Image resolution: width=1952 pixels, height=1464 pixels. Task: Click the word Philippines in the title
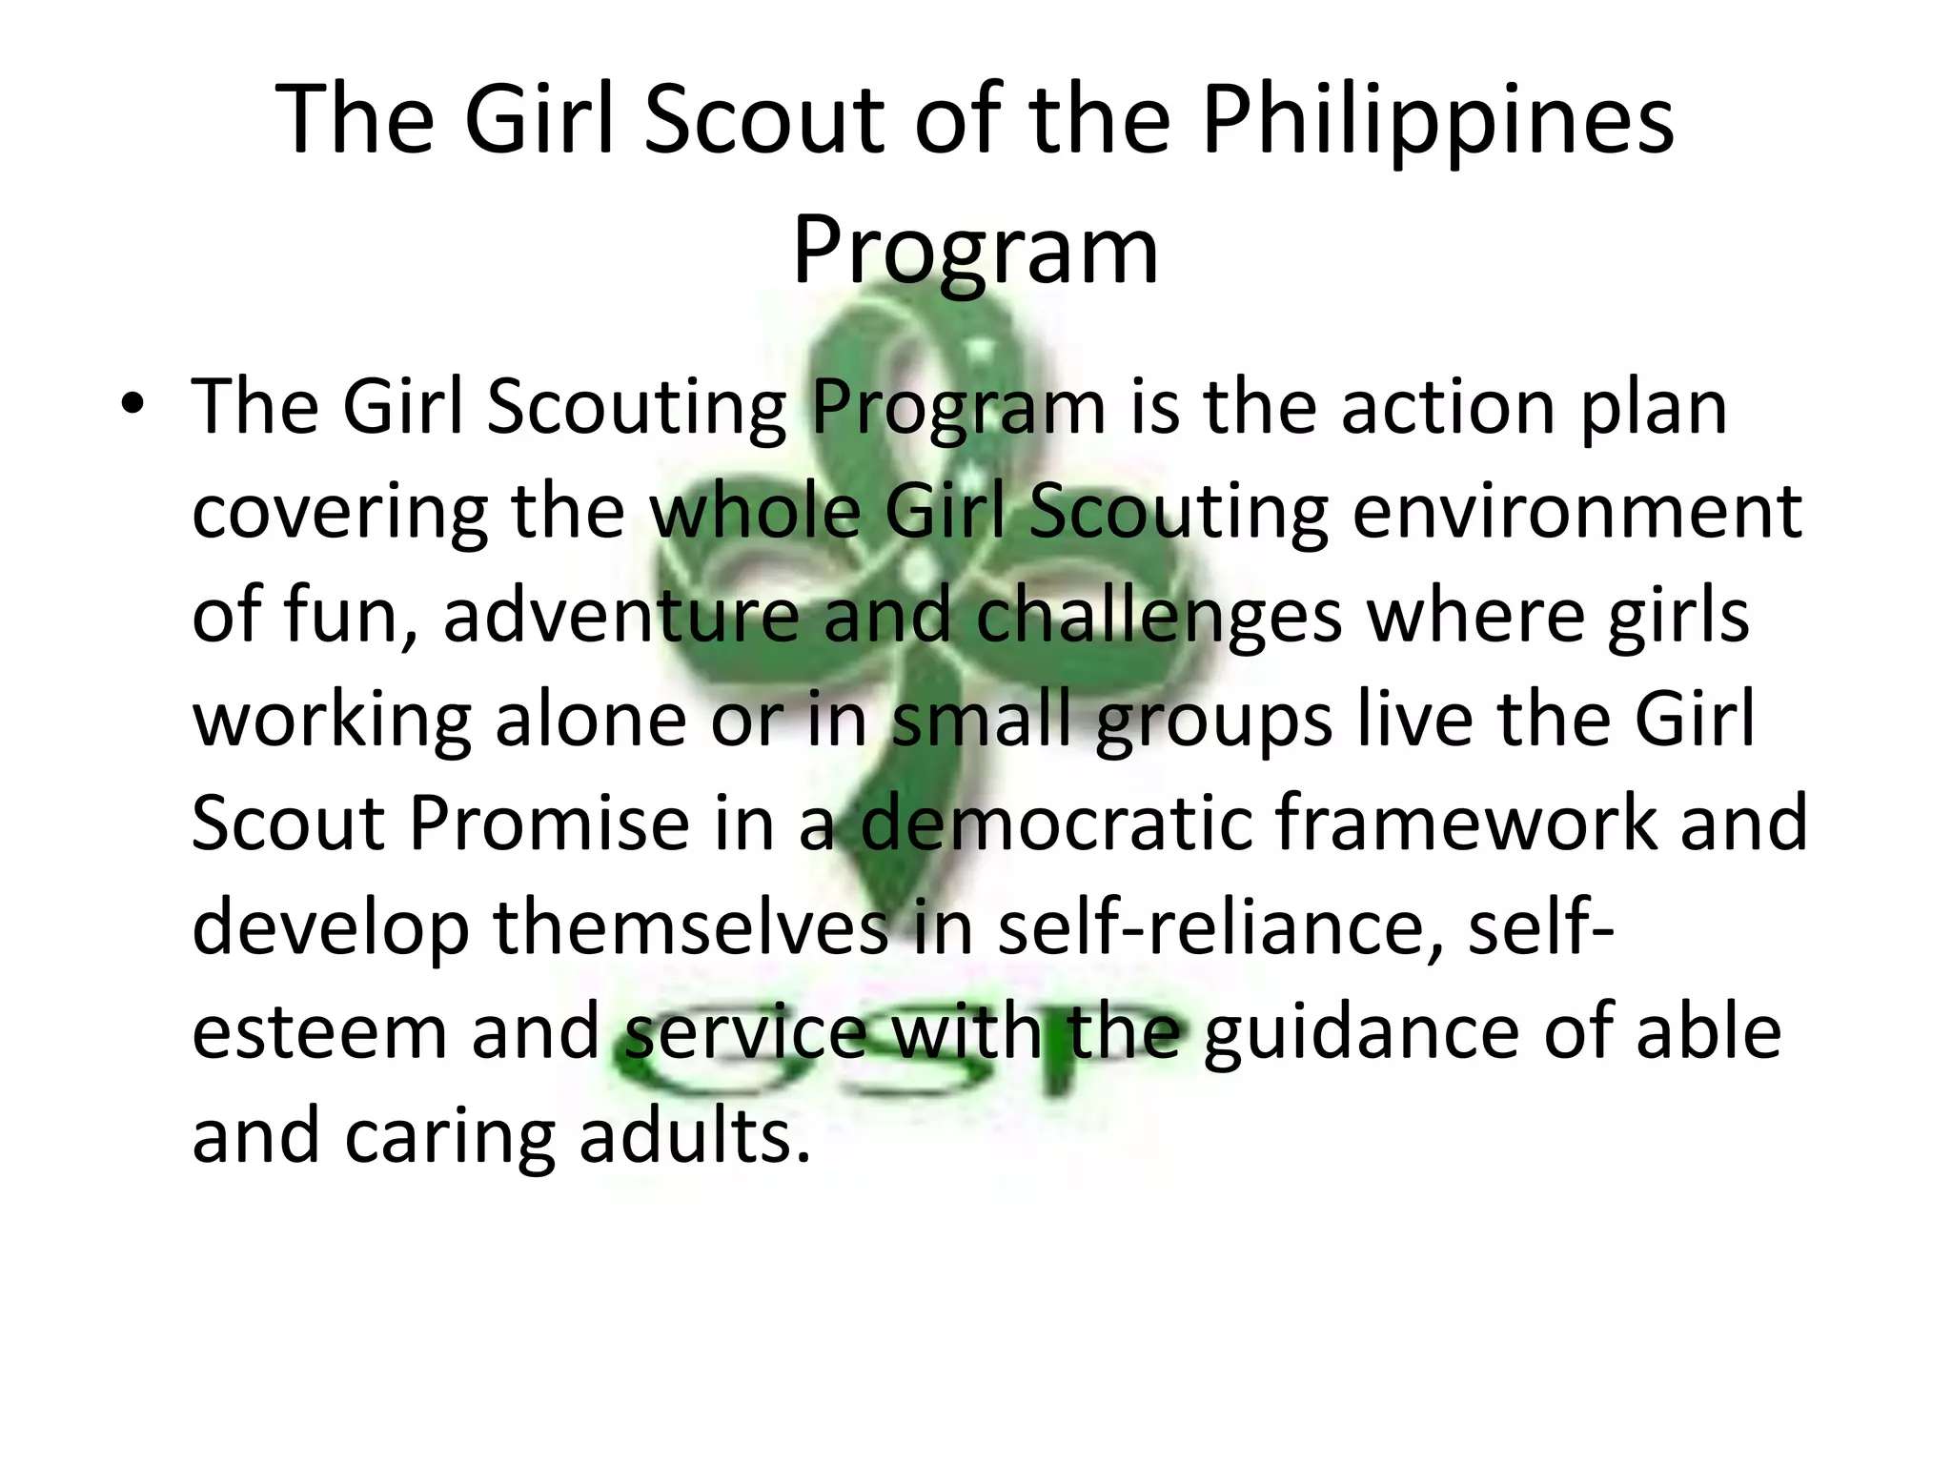coord(1437,121)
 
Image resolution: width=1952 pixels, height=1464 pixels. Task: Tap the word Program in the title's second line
coord(975,250)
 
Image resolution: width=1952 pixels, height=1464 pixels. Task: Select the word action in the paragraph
coord(1449,407)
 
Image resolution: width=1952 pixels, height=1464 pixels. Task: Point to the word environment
coord(1576,511)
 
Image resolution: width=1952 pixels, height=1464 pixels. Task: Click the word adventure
coord(620,615)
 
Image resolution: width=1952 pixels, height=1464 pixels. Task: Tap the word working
coord(332,720)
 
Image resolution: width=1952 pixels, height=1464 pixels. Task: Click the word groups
coord(1214,720)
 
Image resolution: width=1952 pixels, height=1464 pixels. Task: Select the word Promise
coord(549,823)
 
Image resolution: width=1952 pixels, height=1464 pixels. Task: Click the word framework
coord(1466,823)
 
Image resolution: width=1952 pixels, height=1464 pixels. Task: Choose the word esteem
coord(319,1031)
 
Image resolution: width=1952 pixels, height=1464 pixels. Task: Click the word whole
coord(754,511)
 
